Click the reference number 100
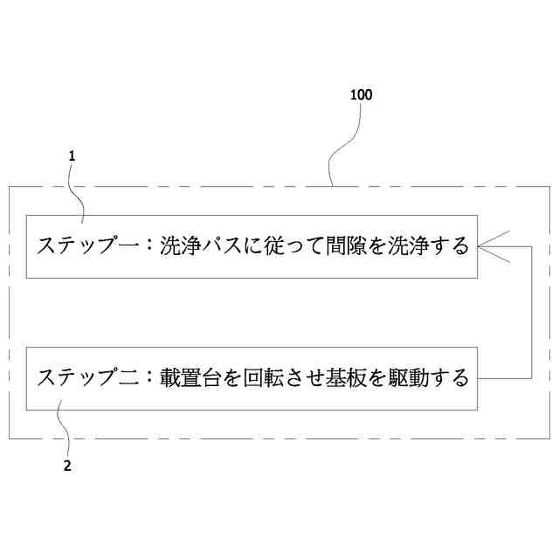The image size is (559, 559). point(361,95)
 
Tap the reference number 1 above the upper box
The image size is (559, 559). point(72,156)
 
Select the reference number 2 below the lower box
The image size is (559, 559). point(67,466)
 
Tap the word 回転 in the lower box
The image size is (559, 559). point(261,378)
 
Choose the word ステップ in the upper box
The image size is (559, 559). point(78,245)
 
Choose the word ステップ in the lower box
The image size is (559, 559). point(78,378)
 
